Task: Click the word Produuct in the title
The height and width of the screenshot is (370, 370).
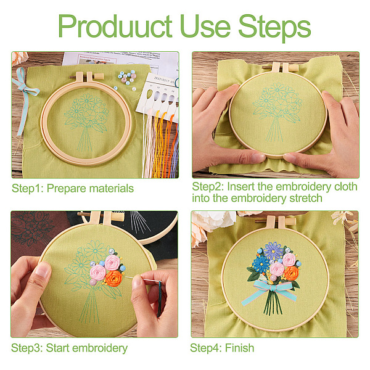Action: [115, 26]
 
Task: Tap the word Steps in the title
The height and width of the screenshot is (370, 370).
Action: [274, 28]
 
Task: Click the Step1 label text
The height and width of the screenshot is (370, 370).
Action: [27, 188]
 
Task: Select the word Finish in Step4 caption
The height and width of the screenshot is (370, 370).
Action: [239, 348]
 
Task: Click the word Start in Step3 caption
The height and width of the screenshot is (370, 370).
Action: [59, 348]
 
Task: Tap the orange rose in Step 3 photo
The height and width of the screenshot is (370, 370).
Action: [113, 278]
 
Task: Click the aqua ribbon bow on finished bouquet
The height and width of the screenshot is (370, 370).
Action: [269, 292]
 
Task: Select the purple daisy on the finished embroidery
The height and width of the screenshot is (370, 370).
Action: [273, 251]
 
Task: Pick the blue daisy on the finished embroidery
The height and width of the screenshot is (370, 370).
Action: [261, 264]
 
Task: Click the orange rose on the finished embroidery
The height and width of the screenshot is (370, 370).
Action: [291, 273]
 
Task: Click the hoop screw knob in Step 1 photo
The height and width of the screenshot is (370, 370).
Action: [99, 76]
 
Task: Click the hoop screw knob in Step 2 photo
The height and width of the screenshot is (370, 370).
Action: [294, 68]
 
